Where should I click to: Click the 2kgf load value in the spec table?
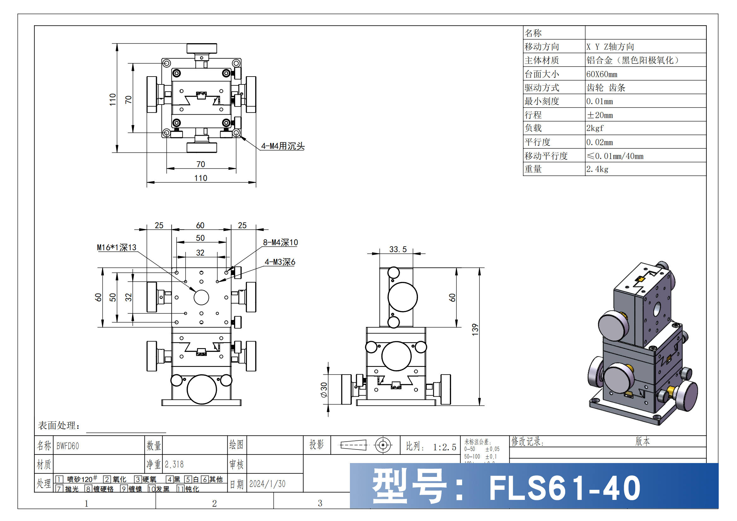click(595, 128)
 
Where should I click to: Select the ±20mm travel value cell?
click(600, 115)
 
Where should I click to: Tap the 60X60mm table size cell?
click(601, 74)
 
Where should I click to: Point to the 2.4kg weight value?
click(597, 169)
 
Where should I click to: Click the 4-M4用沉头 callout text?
click(282, 146)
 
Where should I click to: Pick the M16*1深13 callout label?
click(117, 247)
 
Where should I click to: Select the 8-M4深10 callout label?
click(280, 243)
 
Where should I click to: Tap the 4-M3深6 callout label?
click(280, 262)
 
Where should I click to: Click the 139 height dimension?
click(475, 330)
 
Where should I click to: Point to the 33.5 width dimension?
click(398, 249)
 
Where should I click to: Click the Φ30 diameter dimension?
click(324, 390)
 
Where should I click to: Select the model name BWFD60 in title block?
click(68, 446)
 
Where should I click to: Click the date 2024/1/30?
click(267, 484)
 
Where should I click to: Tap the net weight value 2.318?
click(174, 464)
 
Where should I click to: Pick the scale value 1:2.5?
click(444, 447)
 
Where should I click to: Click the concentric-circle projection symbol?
click(383, 445)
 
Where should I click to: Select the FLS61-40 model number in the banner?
click(564, 488)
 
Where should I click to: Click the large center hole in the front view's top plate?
click(201, 297)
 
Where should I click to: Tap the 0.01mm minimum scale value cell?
click(599, 101)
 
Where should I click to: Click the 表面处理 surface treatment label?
click(59, 425)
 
